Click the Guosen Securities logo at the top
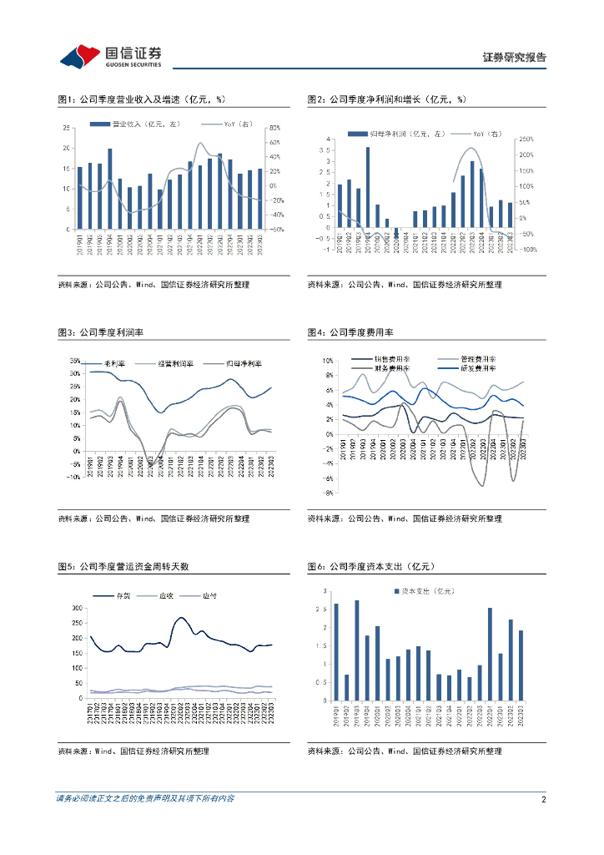pos(110,56)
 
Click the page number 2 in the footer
pos(543,799)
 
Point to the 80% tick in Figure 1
pos(274,128)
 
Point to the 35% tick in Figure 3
pos(74,362)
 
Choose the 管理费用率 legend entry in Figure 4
pos(471,360)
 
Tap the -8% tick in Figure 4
pos(328,493)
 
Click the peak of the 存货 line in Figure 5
pos(181,618)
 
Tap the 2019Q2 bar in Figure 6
pos(346,688)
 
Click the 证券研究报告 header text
pos(515,58)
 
